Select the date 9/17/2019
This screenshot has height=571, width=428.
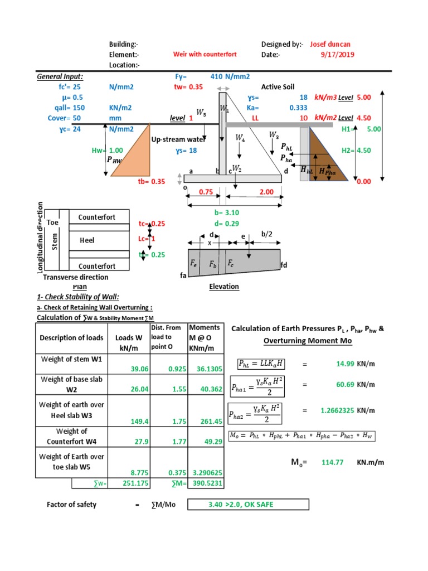(337, 55)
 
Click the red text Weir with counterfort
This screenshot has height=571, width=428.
(205, 55)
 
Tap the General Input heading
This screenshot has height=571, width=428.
(60, 76)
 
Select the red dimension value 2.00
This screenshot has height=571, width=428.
(266, 192)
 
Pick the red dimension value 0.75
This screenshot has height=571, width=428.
(206, 192)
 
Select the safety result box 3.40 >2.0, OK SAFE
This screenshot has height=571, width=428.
(247, 505)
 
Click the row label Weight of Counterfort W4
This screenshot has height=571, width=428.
(71, 436)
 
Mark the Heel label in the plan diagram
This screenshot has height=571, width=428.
(87, 240)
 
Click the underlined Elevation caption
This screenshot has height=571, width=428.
(223, 287)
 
